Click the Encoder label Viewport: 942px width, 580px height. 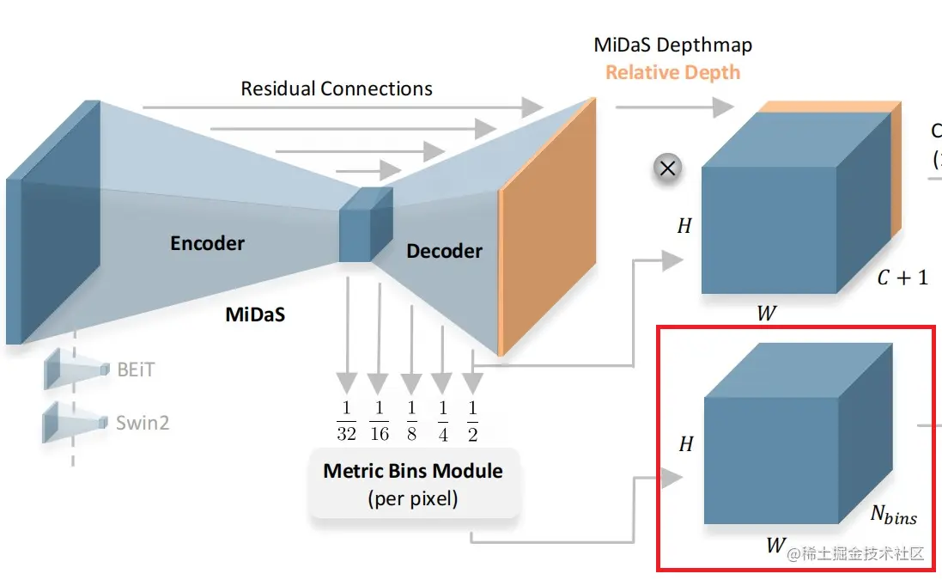pos(207,243)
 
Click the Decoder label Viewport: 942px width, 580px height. pos(444,251)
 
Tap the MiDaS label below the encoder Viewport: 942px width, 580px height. pos(255,314)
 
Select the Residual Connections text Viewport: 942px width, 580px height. pos(337,89)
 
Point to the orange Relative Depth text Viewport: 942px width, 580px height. pos(672,72)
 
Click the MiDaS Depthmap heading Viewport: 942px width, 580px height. pos(672,45)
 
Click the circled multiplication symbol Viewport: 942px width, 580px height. pos(666,168)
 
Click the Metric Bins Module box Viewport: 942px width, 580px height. pos(413,483)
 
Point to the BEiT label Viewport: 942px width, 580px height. pos(137,369)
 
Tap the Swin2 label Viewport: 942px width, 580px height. pos(142,422)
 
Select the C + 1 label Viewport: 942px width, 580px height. pos(902,278)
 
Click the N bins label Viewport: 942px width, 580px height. pos(893,516)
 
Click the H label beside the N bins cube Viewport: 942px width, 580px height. pos(685,444)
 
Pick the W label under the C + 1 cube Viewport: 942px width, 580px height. pos(766,314)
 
